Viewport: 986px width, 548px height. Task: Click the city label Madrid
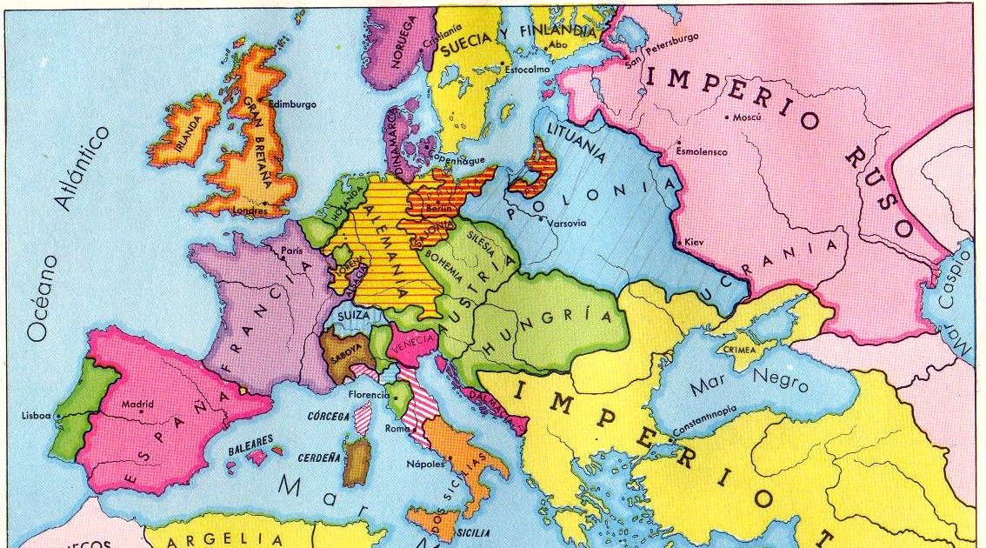click(x=137, y=404)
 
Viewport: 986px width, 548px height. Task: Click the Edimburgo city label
click(x=293, y=104)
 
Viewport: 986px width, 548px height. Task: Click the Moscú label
click(x=747, y=117)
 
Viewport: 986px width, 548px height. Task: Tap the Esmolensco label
click(x=702, y=151)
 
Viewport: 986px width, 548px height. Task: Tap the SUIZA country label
click(x=353, y=314)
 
